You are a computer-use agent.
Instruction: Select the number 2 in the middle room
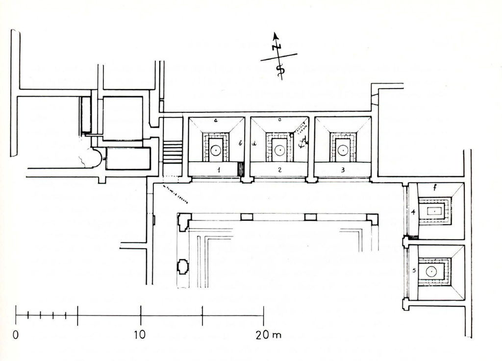(x=279, y=169)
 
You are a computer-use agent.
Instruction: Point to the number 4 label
(x=414, y=212)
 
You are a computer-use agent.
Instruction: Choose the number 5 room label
(x=414, y=270)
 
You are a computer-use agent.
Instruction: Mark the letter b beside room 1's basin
(x=240, y=143)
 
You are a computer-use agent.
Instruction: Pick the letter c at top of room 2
(x=279, y=120)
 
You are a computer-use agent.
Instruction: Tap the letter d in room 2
(x=255, y=144)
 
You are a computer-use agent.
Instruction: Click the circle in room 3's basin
(x=343, y=150)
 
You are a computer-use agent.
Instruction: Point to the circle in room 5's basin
(x=431, y=272)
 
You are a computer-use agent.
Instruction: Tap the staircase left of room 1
(x=173, y=152)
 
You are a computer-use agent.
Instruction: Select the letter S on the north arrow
(x=280, y=69)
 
